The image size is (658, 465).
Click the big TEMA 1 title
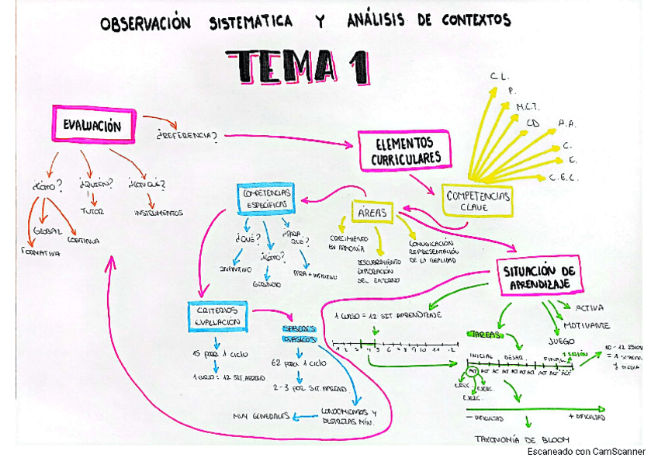pos(297,66)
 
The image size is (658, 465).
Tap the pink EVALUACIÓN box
pos(92,125)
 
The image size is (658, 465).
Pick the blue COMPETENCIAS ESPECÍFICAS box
pos(266,197)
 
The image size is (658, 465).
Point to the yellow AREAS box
pos(374,212)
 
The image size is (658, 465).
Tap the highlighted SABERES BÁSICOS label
pos(299,333)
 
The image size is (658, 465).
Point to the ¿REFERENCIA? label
pos(186,136)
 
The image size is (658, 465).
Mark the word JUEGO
pos(564,340)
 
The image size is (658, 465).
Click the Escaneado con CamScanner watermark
pos(586,451)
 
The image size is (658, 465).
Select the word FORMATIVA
pos(40,252)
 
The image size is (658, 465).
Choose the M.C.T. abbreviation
pos(528,106)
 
